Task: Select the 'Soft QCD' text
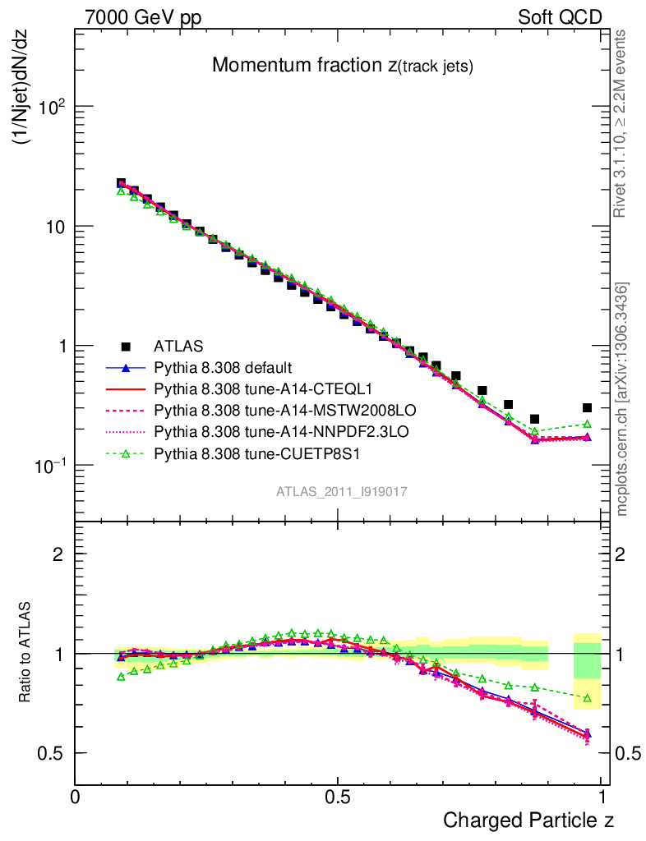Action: point(560,18)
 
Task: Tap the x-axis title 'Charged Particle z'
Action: point(528,820)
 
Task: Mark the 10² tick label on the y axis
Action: point(49,107)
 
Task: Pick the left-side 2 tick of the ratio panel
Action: point(58,554)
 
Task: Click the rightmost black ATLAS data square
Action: point(587,407)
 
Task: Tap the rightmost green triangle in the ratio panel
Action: point(587,698)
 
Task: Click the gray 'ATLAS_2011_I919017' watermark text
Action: point(342,491)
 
